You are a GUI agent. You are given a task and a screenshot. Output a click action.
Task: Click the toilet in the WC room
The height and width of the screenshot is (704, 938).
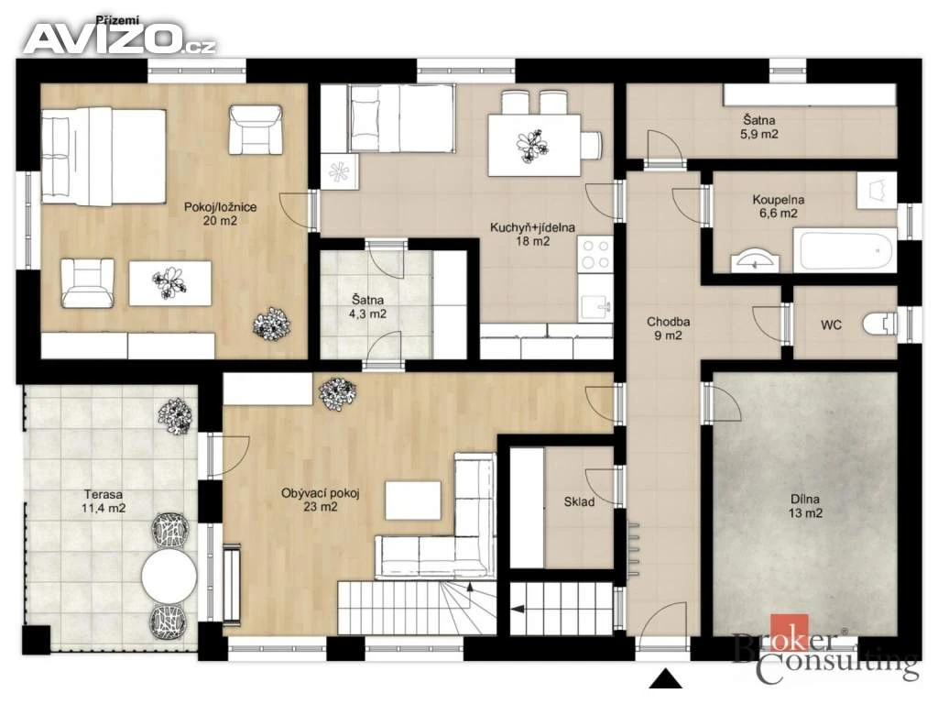pos(880,324)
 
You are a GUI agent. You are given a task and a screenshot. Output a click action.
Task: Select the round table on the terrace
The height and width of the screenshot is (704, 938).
pos(169,576)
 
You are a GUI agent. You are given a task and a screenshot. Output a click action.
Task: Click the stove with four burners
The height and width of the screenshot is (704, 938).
pos(595,255)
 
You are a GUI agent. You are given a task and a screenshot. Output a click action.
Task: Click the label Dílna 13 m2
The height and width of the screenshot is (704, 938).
pos(805,506)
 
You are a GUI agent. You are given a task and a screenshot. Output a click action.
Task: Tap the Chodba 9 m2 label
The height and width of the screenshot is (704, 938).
pos(668,329)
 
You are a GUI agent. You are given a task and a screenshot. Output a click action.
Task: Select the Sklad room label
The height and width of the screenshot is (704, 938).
pos(579,501)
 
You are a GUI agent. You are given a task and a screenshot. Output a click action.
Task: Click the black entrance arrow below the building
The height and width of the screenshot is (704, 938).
pos(665,678)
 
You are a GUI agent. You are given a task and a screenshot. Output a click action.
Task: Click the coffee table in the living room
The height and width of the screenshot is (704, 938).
pos(413,500)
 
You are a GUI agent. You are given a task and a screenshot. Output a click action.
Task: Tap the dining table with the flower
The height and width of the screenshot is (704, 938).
pos(534,145)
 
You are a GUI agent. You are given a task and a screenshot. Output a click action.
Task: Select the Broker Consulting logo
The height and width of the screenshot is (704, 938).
pos(825,650)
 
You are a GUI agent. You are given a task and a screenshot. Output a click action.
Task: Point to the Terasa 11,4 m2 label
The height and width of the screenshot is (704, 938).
pos(104,501)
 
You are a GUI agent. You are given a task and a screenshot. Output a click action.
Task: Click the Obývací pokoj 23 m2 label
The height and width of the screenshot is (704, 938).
pos(320,500)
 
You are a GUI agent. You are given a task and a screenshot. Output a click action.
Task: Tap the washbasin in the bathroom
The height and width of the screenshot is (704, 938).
pos(755,260)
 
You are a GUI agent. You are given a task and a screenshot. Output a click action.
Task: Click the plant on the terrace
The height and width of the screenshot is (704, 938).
pos(175,417)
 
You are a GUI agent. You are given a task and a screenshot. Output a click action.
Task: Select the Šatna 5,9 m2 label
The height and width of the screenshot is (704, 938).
pos(759,126)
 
